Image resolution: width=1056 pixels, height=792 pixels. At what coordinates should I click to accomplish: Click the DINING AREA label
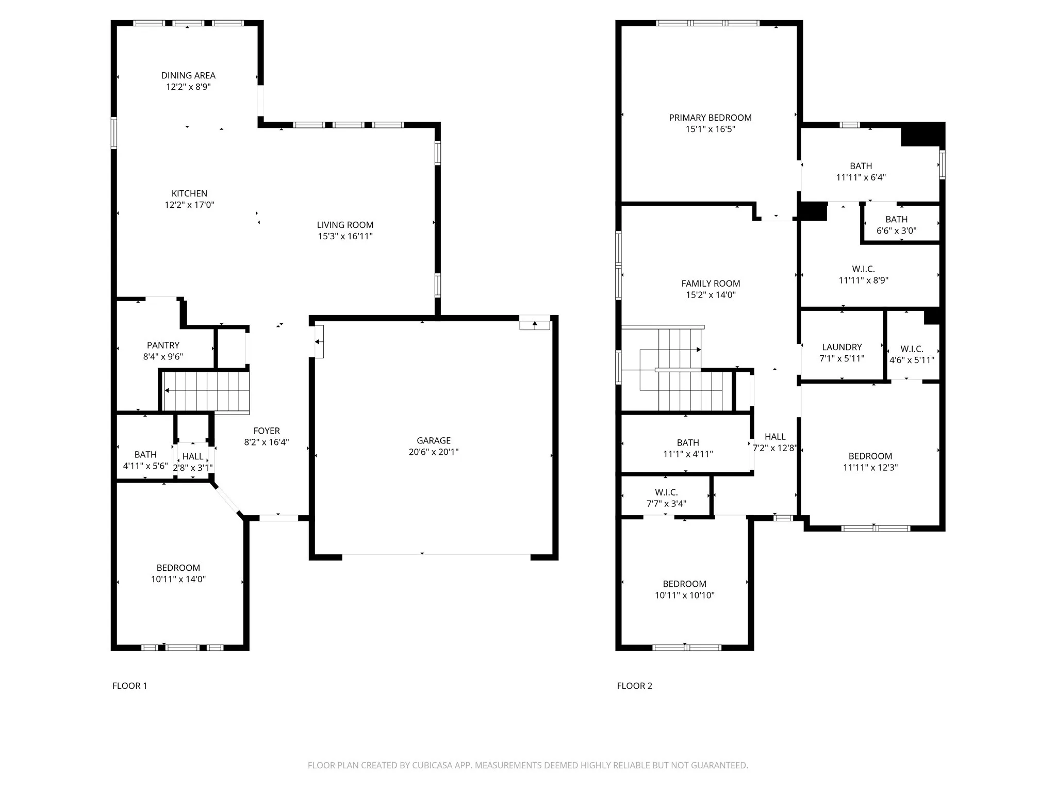click(188, 76)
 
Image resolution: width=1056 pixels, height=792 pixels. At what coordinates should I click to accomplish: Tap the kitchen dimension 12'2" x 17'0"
click(189, 205)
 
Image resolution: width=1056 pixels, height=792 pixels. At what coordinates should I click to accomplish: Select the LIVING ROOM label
click(345, 225)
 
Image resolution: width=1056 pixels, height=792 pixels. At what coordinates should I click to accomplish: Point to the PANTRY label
click(163, 345)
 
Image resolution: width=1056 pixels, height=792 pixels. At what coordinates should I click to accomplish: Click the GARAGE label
click(434, 440)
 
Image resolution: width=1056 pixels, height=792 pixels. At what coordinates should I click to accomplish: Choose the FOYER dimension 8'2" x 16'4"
click(267, 442)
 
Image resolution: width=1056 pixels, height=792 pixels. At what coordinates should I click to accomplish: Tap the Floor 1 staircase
click(206, 391)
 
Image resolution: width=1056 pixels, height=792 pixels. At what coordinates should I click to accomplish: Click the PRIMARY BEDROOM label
click(710, 118)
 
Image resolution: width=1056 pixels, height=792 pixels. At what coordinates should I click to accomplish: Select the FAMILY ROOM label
click(711, 284)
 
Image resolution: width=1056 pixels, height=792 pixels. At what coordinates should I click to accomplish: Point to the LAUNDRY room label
click(841, 347)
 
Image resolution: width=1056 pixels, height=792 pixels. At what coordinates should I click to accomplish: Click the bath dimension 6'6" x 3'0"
click(896, 231)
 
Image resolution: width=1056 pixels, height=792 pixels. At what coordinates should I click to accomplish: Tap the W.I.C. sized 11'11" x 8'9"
click(863, 275)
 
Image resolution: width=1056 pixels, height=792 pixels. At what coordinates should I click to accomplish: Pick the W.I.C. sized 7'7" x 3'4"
click(666, 498)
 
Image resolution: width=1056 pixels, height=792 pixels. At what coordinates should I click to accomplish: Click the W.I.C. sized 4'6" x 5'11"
click(912, 355)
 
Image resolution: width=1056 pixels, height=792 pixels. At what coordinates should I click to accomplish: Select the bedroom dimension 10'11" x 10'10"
click(684, 596)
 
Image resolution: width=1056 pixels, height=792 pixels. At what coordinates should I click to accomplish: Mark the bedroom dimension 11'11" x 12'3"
click(870, 468)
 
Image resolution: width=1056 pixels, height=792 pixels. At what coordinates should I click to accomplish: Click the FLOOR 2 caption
click(634, 686)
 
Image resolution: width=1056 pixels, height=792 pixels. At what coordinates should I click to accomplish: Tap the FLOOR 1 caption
click(130, 686)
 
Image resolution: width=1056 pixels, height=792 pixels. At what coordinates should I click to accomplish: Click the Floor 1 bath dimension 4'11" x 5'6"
click(145, 466)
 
